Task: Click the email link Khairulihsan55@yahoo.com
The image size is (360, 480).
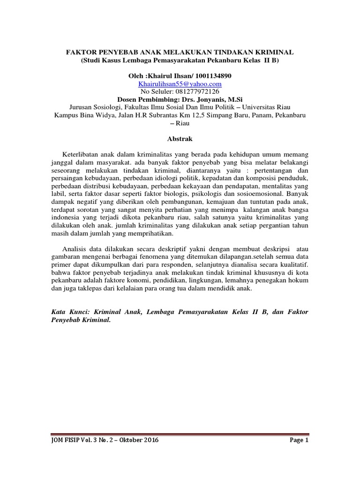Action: (180, 83)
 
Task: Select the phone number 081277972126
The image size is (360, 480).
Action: (197, 91)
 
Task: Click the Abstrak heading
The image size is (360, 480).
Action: (180, 139)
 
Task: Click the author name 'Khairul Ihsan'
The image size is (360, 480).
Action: (170, 75)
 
